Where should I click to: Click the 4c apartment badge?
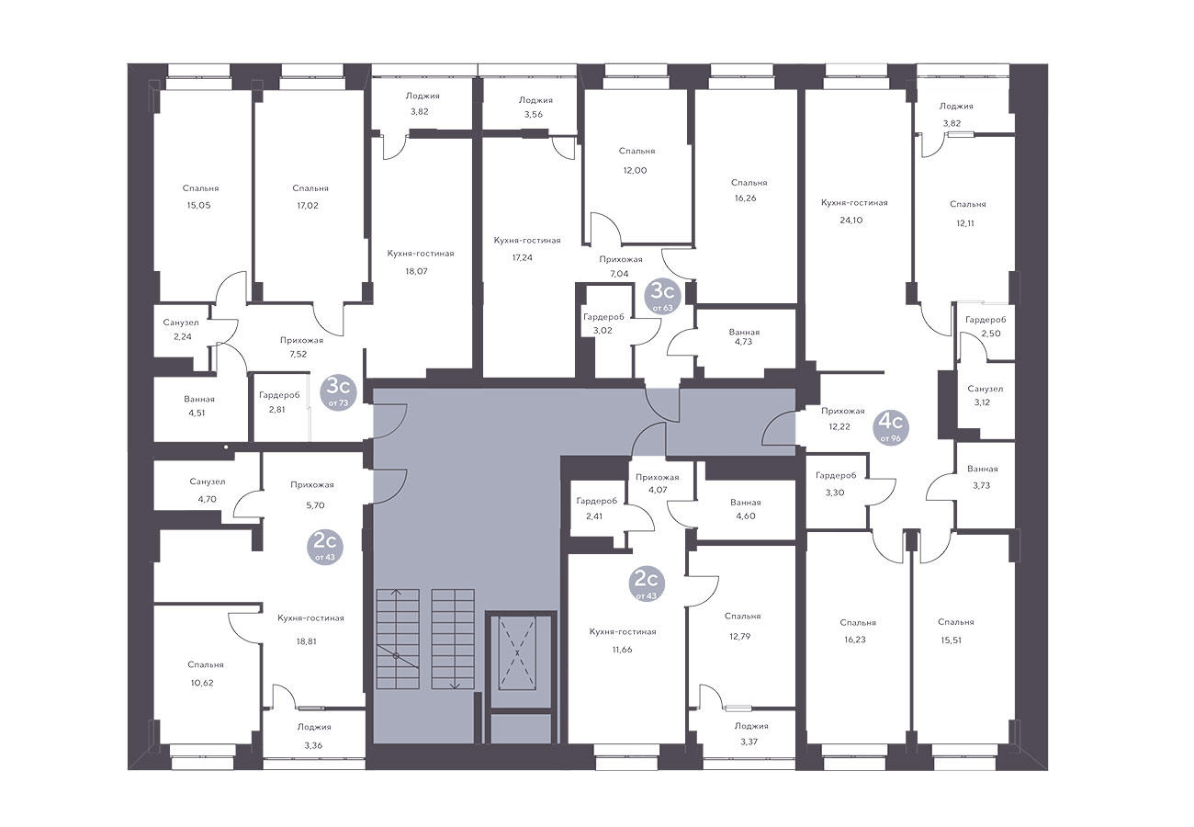[x=891, y=428]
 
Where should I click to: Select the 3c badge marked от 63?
[x=662, y=297]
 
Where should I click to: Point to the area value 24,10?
[x=850, y=220]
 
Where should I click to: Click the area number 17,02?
[x=308, y=205]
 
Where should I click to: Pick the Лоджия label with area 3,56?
[x=535, y=100]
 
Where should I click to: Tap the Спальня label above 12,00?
[x=637, y=151]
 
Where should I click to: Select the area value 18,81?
[x=307, y=641]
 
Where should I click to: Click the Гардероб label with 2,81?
[x=279, y=395]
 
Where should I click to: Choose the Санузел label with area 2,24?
[x=181, y=323]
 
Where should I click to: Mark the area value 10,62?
[x=202, y=683]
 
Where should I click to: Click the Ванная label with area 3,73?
[x=983, y=470]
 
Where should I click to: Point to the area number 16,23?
[x=855, y=640]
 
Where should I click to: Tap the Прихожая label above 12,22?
[x=843, y=411]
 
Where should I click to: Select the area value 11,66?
[x=622, y=650]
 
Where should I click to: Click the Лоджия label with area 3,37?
[x=751, y=726]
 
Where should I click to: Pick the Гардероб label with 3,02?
[x=603, y=317]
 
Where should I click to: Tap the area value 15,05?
[x=198, y=205]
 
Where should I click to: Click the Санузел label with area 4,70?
[x=208, y=481]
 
